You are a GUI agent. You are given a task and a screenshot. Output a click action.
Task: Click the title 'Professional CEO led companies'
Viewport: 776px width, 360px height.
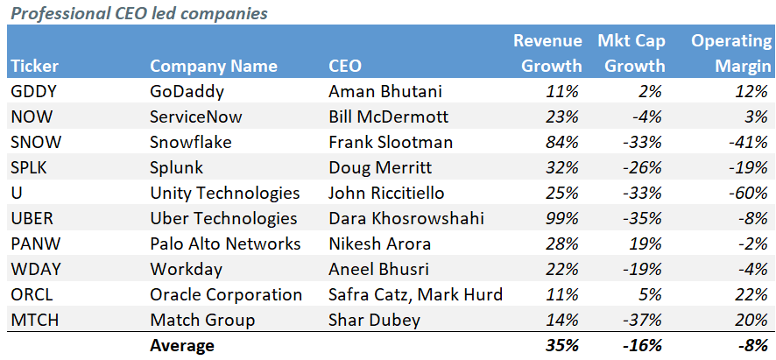pos(138,13)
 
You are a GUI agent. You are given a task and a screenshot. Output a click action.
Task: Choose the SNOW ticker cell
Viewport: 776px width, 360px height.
pos(34,141)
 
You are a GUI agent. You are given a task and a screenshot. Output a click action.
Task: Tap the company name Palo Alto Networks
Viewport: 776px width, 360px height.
pos(225,244)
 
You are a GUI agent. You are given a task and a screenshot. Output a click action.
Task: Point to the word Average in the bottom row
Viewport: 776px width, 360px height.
pos(181,346)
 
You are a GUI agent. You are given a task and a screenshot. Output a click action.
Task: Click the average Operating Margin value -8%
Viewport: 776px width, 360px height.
pos(752,346)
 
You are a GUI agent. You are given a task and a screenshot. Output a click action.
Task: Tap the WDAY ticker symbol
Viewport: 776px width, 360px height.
pos(34,269)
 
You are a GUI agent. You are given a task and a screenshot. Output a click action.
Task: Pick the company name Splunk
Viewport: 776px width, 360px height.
pos(176,166)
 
